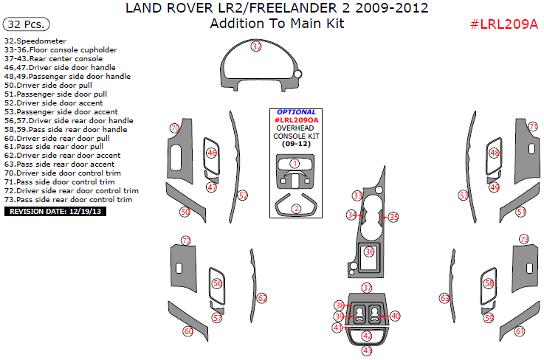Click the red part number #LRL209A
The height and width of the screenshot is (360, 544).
click(x=504, y=24)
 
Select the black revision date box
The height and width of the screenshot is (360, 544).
click(x=54, y=211)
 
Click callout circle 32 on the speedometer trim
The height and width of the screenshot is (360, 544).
click(x=256, y=46)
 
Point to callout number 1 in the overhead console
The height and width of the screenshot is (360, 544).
click(x=295, y=164)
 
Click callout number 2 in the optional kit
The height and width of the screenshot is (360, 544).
click(x=296, y=209)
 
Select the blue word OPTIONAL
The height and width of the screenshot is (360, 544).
click(x=297, y=112)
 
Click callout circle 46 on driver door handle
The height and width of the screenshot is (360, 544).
click(x=212, y=153)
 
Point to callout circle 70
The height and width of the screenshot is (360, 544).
click(x=175, y=128)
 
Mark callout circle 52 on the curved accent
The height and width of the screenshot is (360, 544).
click(x=242, y=195)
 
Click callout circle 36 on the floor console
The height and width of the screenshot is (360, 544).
click(x=369, y=252)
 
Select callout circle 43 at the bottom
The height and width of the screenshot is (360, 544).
click(x=367, y=350)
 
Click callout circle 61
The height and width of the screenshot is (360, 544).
click(x=520, y=331)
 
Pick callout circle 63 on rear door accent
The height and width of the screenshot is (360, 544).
click(x=444, y=298)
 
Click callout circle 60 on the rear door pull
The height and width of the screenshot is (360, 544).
click(x=187, y=332)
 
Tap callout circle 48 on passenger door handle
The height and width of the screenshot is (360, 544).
click(x=494, y=153)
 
